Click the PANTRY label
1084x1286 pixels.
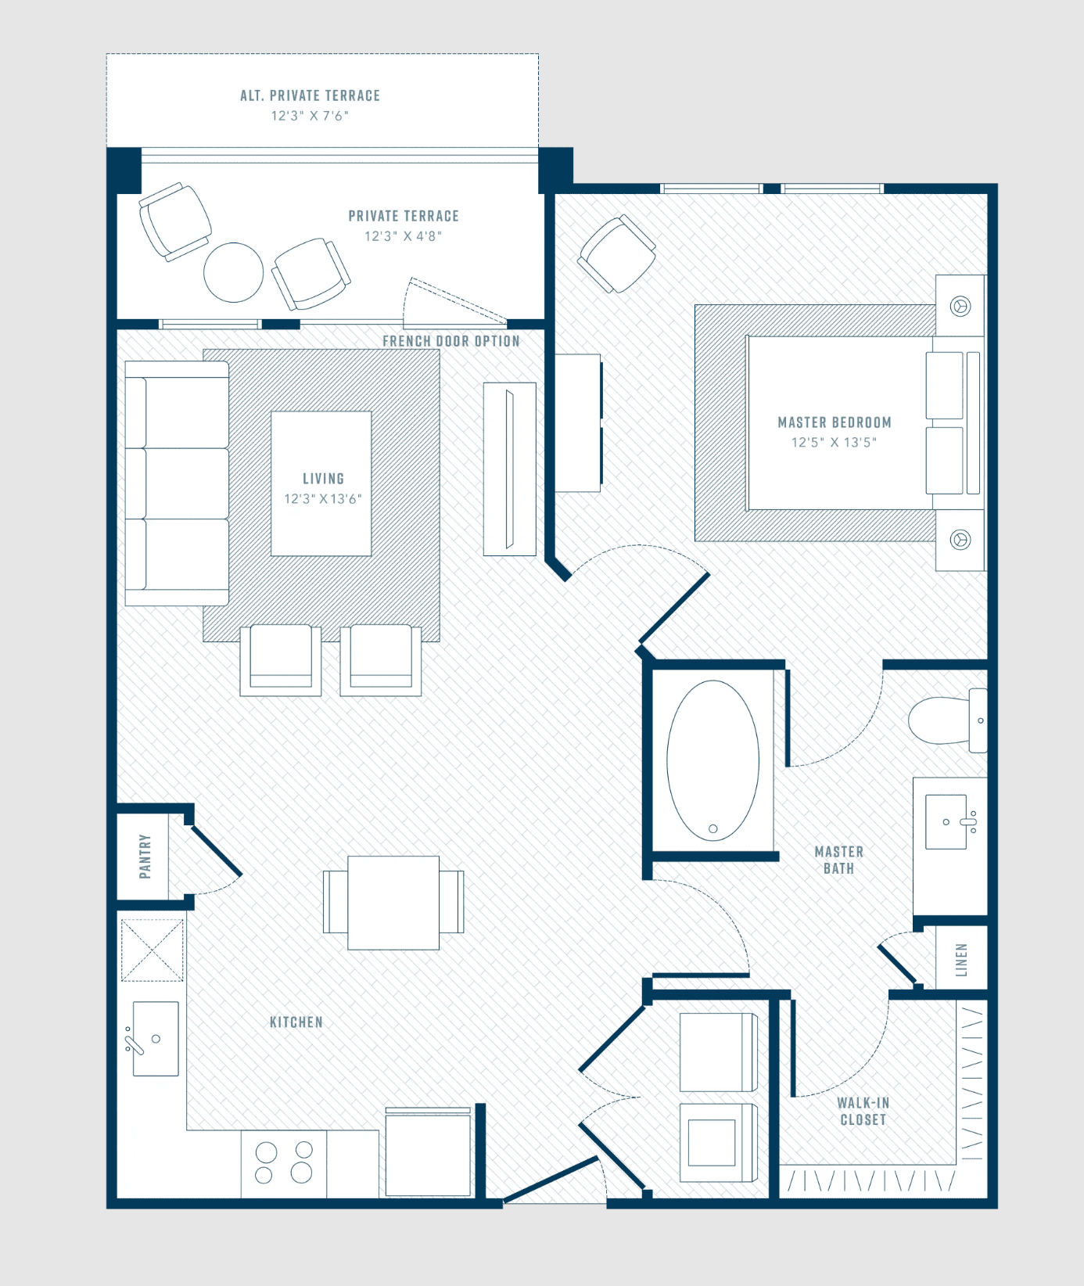point(145,857)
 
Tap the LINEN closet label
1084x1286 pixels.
point(961,960)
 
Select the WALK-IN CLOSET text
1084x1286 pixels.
point(863,1111)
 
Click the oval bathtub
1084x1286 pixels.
point(712,760)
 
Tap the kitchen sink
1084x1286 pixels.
point(156,1039)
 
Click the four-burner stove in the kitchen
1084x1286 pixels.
point(284,1163)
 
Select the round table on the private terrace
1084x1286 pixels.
point(233,272)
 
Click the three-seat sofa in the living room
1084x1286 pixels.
point(177,483)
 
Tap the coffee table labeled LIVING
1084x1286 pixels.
point(321,483)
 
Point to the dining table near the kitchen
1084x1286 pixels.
point(393,903)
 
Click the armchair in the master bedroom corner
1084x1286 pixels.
point(617,253)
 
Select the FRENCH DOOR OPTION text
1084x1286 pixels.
point(451,341)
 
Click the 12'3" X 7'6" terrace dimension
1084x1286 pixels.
point(310,116)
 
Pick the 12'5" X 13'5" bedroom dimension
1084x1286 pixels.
point(834,442)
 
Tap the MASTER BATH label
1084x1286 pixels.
point(839,860)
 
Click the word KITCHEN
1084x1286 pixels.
point(296,1022)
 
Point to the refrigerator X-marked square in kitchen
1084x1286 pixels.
point(153,950)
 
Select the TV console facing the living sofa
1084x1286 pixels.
point(509,469)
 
